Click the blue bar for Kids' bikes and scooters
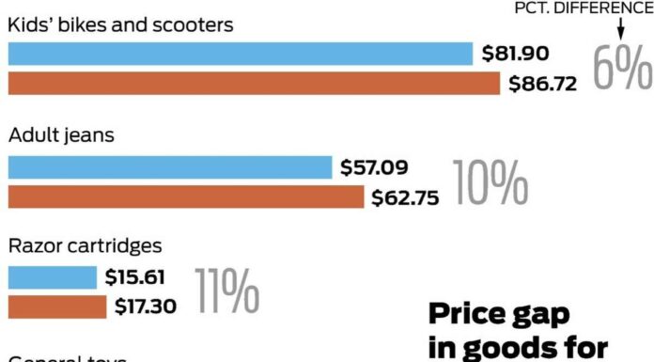(240, 54)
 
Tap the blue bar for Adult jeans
(170, 168)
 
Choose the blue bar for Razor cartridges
(53, 277)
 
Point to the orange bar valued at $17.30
(57, 307)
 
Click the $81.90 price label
(516, 54)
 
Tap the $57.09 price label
(375, 168)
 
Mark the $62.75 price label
(405, 197)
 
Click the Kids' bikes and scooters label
(120, 25)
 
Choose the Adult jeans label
(61, 135)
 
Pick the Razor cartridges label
(86, 246)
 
